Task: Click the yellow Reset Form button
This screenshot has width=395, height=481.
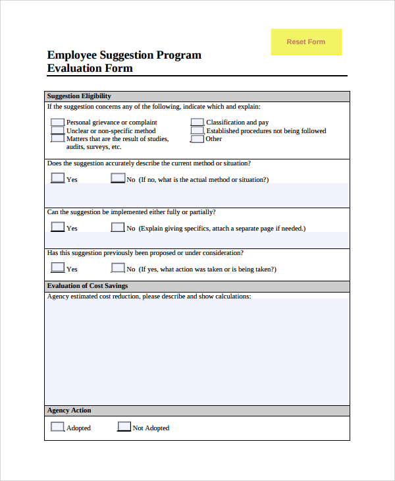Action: pyautogui.click(x=306, y=42)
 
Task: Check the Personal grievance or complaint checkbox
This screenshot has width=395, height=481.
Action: pyautogui.click(x=57, y=123)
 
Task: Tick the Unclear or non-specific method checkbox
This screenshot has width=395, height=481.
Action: pyautogui.click(x=57, y=130)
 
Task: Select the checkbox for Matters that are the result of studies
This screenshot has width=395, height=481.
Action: pyautogui.click(x=57, y=138)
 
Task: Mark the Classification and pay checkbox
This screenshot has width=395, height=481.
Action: pyautogui.click(x=197, y=123)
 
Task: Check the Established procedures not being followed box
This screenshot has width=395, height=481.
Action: pyautogui.click(x=197, y=130)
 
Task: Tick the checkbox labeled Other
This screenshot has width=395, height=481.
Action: pyautogui.click(x=197, y=138)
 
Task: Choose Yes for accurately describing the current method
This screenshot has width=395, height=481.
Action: pyautogui.click(x=58, y=178)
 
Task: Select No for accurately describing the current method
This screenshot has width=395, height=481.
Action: pyautogui.click(x=118, y=178)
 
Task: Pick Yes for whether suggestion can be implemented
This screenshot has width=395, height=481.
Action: pyautogui.click(x=58, y=227)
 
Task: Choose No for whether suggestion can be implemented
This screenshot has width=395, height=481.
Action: pyautogui.click(x=118, y=227)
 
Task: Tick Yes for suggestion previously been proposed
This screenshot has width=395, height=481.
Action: pyautogui.click(x=58, y=268)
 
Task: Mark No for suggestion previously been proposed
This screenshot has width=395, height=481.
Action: pyautogui.click(x=118, y=268)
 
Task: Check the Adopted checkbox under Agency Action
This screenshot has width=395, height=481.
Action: pyautogui.click(x=58, y=426)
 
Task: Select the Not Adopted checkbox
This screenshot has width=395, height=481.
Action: pyautogui.click(x=124, y=426)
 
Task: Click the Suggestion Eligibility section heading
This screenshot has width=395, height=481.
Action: pyautogui.click(x=79, y=96)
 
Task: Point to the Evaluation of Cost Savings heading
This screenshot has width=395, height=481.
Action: pyautogui.click(x=88, y=286)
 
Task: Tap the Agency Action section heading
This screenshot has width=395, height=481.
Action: pyautogui.click(x=69, y=410)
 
